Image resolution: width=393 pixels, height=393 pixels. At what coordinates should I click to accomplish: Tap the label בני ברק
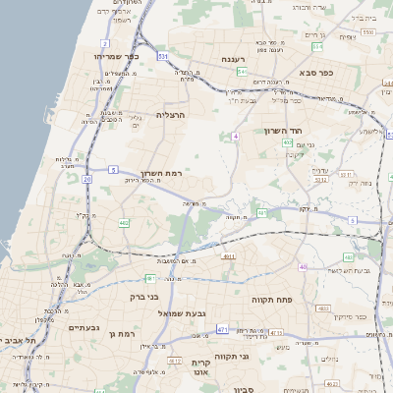[x=145, y=296]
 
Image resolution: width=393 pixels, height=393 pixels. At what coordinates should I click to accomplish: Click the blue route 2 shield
[x=105, y=44]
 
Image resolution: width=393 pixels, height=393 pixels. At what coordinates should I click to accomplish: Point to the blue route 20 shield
[x=87, y=179]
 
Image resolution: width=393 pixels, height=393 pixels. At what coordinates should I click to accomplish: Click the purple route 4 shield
[x=237, y=136]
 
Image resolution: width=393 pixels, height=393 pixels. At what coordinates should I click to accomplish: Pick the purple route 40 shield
[x=304, y=267]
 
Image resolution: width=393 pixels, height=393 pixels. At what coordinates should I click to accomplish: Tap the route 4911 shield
[x=228, y=256]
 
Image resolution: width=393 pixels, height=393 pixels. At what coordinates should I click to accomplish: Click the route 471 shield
[x=223, y=329]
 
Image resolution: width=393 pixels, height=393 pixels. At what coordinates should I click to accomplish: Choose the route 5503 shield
[x=368, y=32]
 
